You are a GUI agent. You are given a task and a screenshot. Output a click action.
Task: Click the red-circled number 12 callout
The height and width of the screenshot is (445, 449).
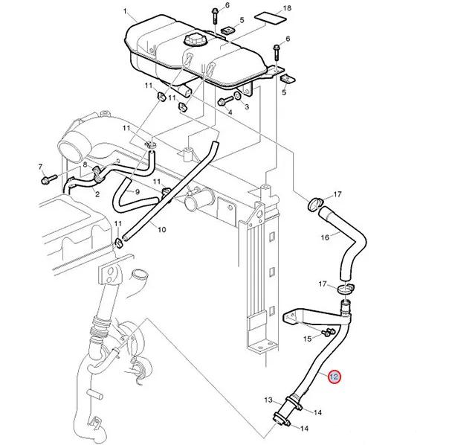click(x=334, y=377)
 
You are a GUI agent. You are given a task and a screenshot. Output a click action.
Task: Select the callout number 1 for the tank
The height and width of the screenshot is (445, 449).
click(x=125, y=11)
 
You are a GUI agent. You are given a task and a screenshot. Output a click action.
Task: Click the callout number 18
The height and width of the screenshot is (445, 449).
click(x=287, y=8)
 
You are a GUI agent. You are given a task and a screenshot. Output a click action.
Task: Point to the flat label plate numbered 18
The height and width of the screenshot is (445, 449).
click(x=270, y=19)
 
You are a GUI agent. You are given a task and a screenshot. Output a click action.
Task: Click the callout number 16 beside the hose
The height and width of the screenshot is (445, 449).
click(x=325, y=237)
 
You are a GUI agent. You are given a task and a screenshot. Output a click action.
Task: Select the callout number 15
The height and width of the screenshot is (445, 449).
click(x=307, y=339)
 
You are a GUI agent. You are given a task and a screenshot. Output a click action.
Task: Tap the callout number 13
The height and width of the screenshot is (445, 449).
click(x=268, y=400)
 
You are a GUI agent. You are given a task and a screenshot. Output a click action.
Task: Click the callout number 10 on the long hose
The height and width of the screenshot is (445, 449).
click(x=162, y=229)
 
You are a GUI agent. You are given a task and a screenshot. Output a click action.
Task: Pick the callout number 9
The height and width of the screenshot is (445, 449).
click(x=138, y=191)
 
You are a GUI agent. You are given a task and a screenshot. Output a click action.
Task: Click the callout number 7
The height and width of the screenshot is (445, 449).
click(x=40, y=167)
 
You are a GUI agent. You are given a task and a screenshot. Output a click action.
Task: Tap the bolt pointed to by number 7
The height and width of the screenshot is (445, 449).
click(x=49, y=179)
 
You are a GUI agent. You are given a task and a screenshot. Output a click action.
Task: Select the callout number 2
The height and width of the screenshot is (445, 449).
click(x=97, y=194)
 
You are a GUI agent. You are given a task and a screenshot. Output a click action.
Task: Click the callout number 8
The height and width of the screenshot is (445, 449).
click(x=85, y=164)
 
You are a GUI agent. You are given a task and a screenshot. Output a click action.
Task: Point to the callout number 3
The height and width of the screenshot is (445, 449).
click(x=247, y=107)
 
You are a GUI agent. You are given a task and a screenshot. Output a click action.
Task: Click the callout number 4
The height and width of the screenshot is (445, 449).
click(x=230, y=112)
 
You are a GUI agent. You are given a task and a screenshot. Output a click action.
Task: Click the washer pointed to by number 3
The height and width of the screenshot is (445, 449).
click(x=238, y=96)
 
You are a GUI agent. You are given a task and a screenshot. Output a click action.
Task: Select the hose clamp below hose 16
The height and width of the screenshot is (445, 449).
click(x=346, y=288)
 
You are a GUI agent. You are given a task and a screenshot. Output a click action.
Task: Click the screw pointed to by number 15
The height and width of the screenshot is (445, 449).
click(x=328, y=333)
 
